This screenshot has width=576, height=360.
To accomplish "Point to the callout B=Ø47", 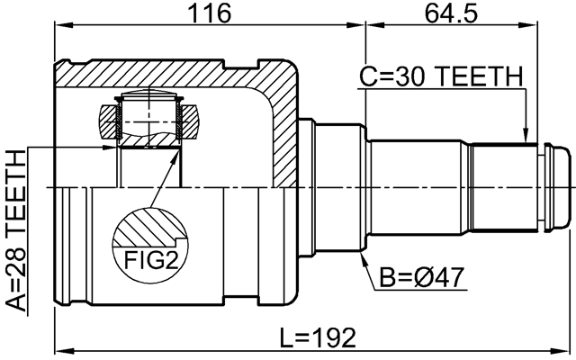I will [421, 276].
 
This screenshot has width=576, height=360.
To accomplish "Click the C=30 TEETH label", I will [440, 78].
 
